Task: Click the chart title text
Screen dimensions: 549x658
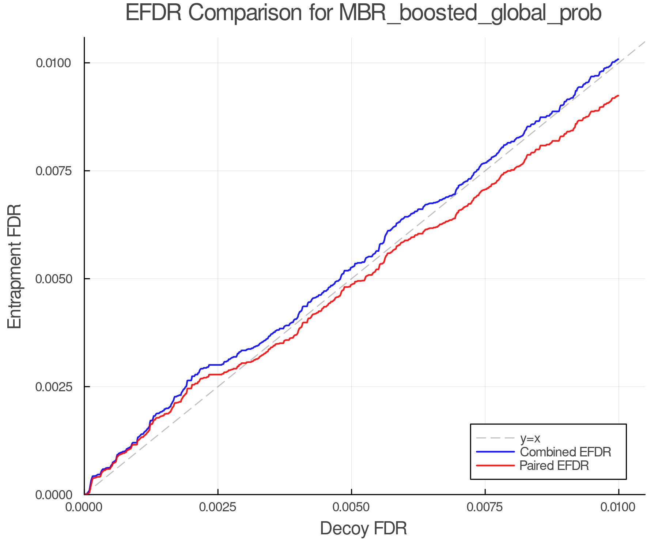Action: (x=363, y=13)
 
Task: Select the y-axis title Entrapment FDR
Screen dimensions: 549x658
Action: (x=15, y=266)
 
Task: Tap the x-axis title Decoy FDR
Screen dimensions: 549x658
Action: (x=363, y=529)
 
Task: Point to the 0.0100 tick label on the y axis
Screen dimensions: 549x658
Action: (x=53, y=63)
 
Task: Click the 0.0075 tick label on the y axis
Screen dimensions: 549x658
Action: (x=53, y=171)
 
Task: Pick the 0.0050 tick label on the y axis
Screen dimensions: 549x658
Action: (x=53, y=279)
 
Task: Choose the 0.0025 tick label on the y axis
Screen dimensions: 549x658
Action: (x=53, y=387)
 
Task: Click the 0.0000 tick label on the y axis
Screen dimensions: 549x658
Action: (x=53, y=495)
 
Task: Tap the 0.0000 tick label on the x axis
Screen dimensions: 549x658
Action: (x=84, y=507)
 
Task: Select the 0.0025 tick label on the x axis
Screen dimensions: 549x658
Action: (x=218, y=507)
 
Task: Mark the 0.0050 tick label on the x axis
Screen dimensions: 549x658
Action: (x=351, y=507)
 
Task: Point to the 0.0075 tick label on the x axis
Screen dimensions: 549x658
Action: (x=485, y=507)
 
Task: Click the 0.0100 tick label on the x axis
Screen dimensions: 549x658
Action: (x=619, y=507)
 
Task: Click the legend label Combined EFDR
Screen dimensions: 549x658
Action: (x=565, y=452)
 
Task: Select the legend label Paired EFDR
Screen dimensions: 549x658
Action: (x=554, y=466)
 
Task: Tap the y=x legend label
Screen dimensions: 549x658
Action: (x=530, y=438)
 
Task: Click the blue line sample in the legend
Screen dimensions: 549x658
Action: (x=495, y=452)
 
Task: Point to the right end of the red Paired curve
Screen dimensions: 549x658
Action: (x=618, y=96)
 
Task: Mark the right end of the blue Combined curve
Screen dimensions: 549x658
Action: (x=618, y=59)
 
